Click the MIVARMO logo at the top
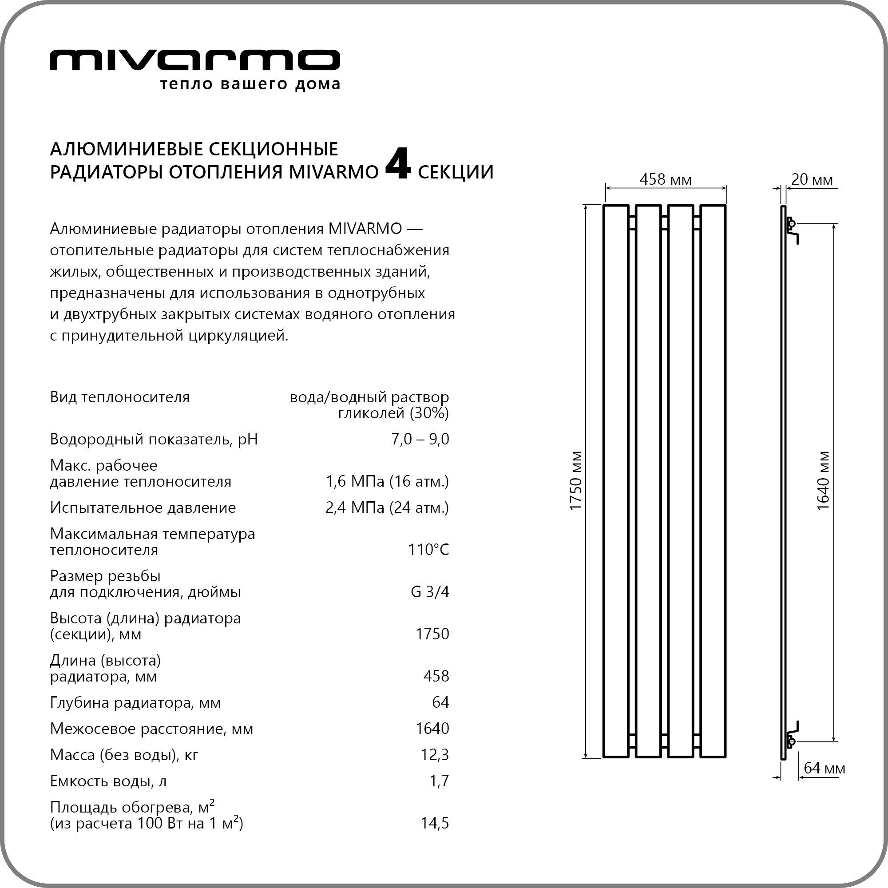pos(194,60)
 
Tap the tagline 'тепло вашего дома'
pos(250,84)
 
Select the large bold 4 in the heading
pos(397,164)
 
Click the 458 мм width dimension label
pos(665,179)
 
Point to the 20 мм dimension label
pos(812,179)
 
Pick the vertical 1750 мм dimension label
pos(575,480)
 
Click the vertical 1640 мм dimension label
pos(823,480)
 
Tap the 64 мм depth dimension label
pos(824,768)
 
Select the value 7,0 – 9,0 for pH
pos(420,439)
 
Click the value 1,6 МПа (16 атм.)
pos(387,481)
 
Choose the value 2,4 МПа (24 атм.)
pos(387,507)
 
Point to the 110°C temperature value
pos(428,550)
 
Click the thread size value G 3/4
pos(429,591)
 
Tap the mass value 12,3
pos(434,754)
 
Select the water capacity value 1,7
pos(439,781)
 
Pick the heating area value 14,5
pos(434,823)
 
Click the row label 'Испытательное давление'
pos(143,507)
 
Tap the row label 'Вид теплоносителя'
pos(119,397)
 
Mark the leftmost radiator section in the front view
pos(615,480)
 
